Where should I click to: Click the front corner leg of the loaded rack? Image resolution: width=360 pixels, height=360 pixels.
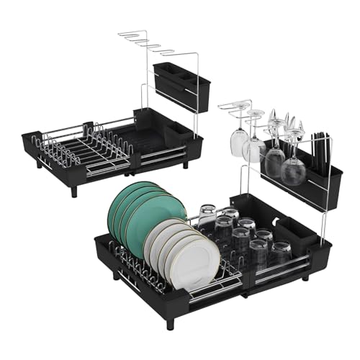[x=170, y=322]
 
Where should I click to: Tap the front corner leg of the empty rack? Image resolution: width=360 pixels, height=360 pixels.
[x=73, y=192]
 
